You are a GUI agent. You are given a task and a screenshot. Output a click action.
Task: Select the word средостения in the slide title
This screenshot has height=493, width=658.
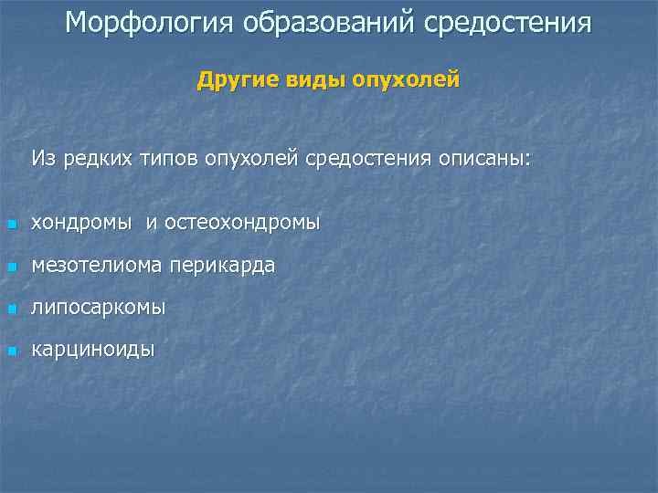(x=507, y=23)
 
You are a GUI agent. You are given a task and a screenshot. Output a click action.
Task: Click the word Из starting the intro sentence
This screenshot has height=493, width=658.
(x=43, y=159)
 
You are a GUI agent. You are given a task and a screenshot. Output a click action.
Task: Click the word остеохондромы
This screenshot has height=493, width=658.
(x=243, y=223)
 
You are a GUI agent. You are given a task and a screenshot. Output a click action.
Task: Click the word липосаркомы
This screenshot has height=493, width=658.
(x=99, y=308)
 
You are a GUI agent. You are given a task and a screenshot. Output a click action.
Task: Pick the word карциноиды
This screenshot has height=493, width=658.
(x=92, y=350)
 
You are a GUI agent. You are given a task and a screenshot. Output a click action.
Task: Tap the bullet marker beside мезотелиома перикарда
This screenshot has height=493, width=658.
(x=11, y=267)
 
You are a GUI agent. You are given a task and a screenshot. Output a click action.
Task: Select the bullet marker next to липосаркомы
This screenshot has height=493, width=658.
(x=11, y=309)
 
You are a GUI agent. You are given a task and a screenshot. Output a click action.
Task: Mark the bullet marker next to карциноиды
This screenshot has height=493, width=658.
(x=11, y=351)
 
